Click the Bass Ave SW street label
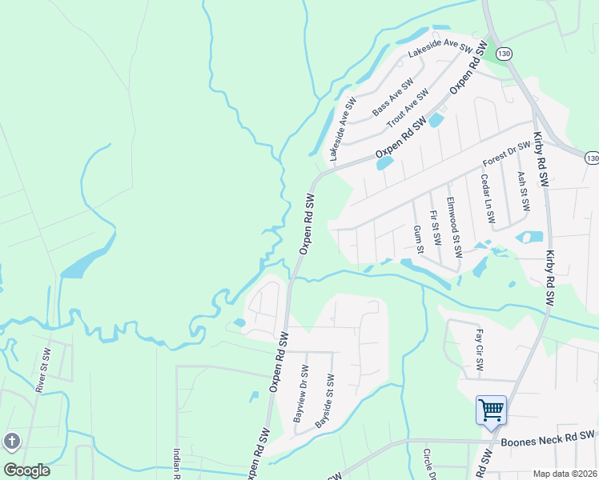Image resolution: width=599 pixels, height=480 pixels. [392, 94]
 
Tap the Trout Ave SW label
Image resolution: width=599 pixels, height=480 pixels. [408, 108]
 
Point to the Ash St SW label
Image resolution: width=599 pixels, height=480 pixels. [524, 191]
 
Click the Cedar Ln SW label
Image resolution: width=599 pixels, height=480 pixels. [488, 198]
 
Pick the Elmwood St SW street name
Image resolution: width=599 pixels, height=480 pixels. [454, 227]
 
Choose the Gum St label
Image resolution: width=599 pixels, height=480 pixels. [418, 238]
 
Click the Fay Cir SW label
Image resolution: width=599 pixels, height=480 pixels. [479, 351]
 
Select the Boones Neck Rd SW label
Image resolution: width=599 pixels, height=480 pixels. [548, 438]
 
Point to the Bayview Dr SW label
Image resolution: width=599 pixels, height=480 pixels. [299, 394]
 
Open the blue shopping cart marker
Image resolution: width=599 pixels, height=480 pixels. [491, 410]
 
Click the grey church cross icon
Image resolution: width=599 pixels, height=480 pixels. [12, 441]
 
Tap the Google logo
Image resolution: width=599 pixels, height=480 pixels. [26, 470]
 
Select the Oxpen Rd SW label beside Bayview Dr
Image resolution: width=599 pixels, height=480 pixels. [278, 362]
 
